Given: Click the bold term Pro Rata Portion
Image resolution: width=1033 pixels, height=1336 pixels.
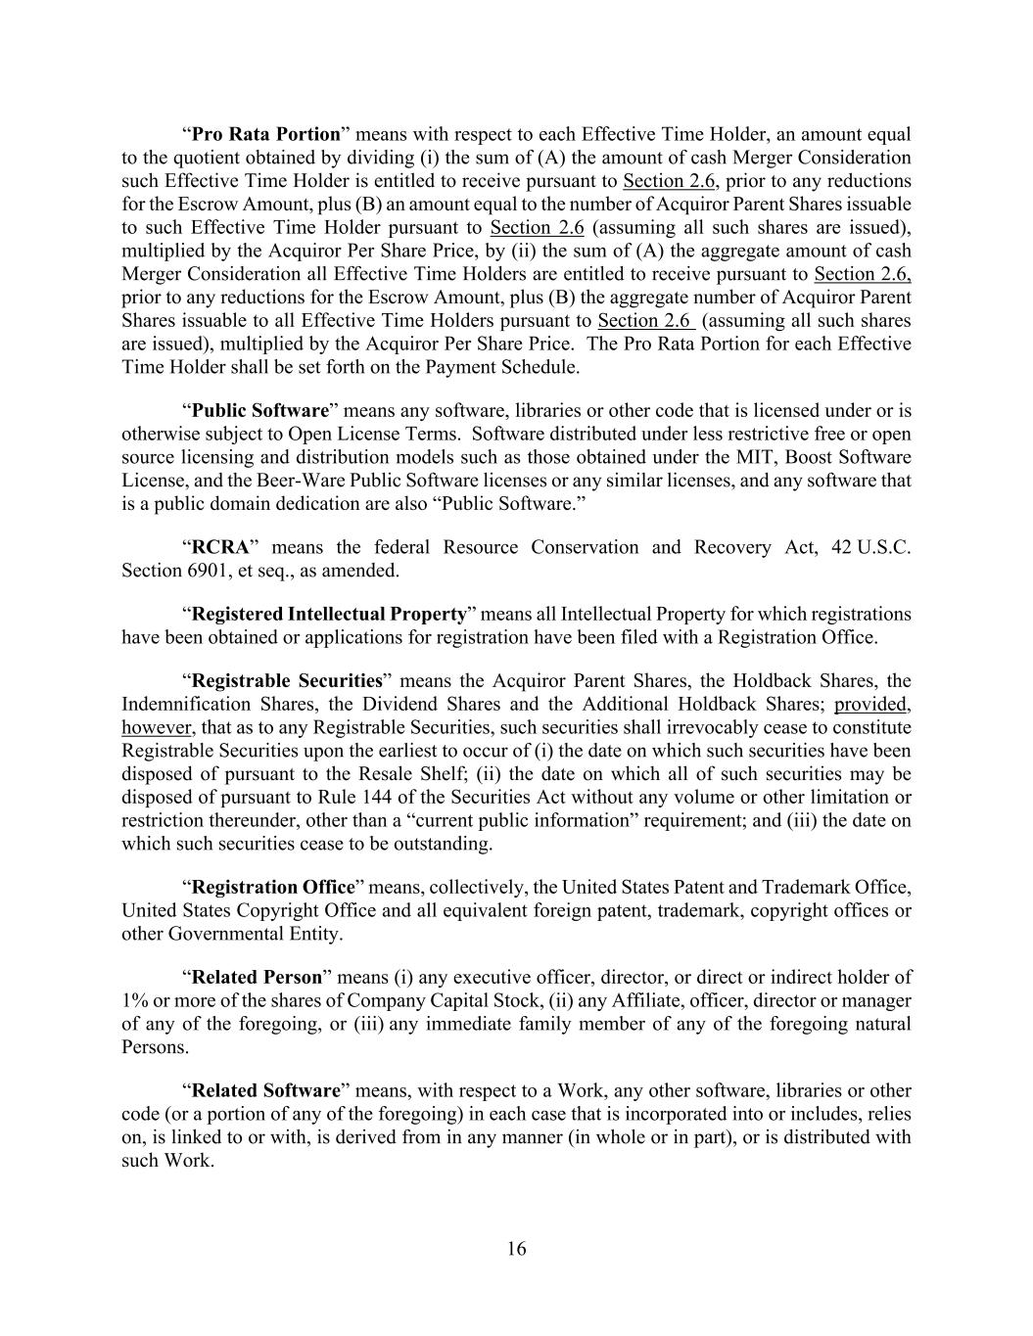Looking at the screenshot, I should pyautogui.click(x=265, y=134).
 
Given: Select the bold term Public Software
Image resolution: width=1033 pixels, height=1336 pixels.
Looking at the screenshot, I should pyautogui.click(x=259, y=410).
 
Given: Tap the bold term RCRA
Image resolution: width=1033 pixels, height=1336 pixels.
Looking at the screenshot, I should pyautogui.click(x=220, y=547).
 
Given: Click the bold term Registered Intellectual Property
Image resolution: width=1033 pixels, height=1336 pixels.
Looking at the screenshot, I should pyautogui.click(x=329, y=615).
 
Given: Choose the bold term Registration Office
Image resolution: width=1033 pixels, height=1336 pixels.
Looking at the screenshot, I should pyautogui.click(x=273, y=888).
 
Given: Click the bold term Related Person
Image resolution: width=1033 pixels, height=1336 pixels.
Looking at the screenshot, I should pyautogui.click(x=257, y=977).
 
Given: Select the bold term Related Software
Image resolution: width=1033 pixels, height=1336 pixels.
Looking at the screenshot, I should pyautogui.click(x=264, y=1090).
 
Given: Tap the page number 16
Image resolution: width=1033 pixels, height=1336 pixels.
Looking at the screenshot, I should pyautogui.click(x=516, y=1249).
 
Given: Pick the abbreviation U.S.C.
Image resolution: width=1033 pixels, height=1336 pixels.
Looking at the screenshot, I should pyautogui.click(x=884, y=547).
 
